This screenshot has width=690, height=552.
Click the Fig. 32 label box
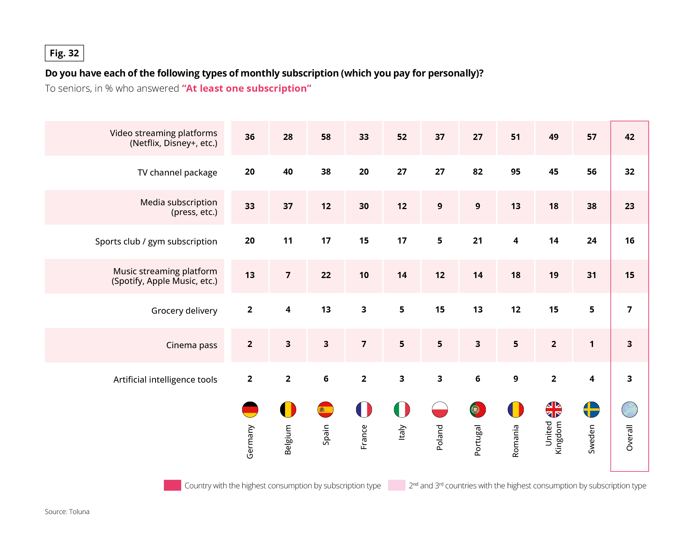pyautogui.click(x=64, y=53)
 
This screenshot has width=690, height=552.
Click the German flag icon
pyautogui.click(x=250, y=409)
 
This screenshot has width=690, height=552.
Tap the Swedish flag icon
pyautogui.click(x=592, y=409)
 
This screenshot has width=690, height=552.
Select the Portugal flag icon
pyautogui.click(x=478, y=409)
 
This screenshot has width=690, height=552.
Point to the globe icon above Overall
pyautogui.click(x=629, y=409)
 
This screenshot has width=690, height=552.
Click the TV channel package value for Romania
pyautogui.click(x=516, y=172)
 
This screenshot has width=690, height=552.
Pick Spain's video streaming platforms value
pyautogui.click(x=326, y=137)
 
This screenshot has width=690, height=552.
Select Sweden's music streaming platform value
pyautogui.click(x=592, y=275)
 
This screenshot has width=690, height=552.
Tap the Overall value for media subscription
pyautogui.click(x=629, y=206)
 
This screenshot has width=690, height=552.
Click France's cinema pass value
pyautogui.click(x=364, y=344)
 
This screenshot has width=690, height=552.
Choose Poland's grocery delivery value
pyautogui.click(x=440, y=309)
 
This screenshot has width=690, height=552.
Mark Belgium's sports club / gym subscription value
pyautogui.click(x=288, y=241)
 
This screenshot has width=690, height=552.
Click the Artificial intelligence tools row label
pyautogui.click(x=165, y=379)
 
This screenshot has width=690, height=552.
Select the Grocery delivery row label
pyautogui.click(x=184, y=310)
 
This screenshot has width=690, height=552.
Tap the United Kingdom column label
pyautogui.click(x=554, y=438)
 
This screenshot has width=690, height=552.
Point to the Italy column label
pyautogui.click(x=402, y=432)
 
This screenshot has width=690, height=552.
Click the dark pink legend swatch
pyautogui.click(x=172, y=485)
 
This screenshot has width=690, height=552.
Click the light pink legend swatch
pyautogui.click(x=396, y=485)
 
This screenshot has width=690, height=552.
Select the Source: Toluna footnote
pyautogui.click(x=67, y=511)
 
